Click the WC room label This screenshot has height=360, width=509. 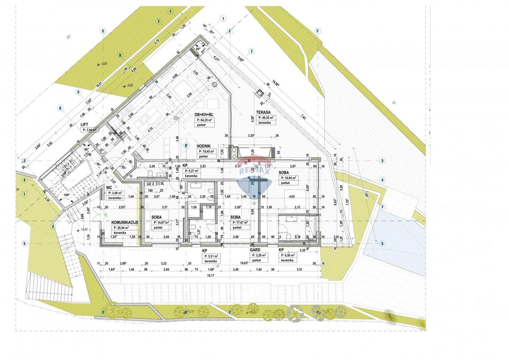click(109, 187)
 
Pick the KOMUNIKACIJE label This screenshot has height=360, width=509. click(124, 222)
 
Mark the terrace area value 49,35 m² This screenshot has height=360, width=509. click(267, 118)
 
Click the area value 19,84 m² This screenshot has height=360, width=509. click(291, 178)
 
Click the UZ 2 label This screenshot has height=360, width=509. click(151, 183)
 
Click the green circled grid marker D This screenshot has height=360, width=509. click(120, 55)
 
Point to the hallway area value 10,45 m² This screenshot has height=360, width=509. click(207, 151)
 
